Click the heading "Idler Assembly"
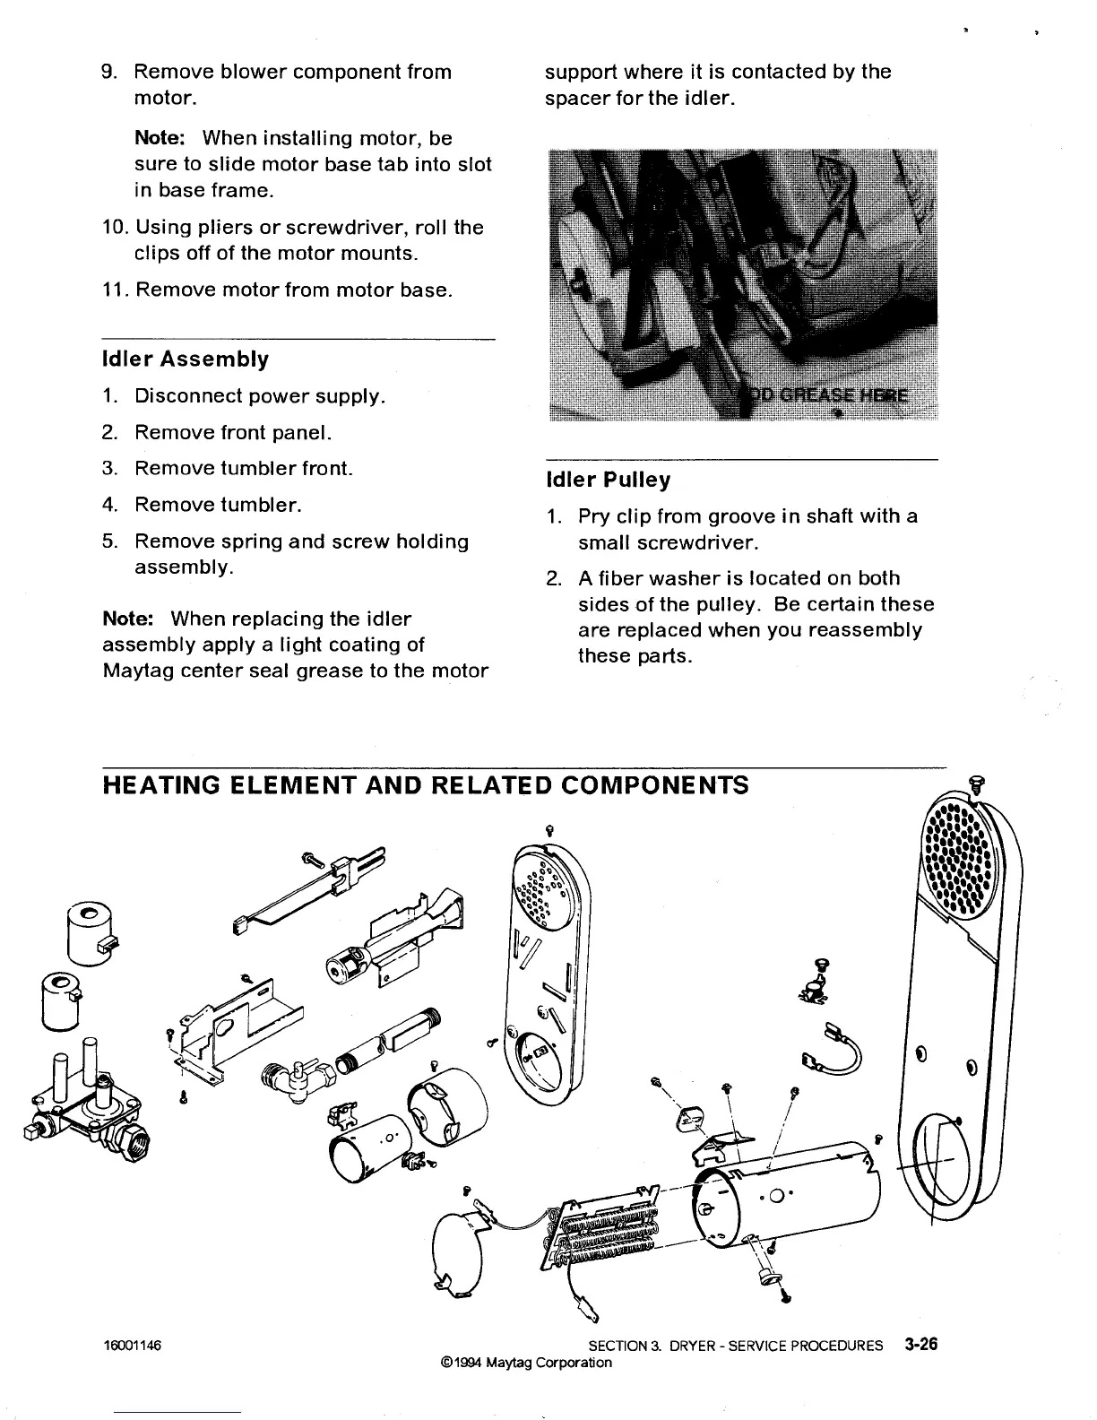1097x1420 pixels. pos(185,359)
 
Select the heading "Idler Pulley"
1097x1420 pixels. pos(608,480)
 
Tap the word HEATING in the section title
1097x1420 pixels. pos(156,786)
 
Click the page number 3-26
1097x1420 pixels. pos(920,1345)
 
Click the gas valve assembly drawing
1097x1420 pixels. pos(85,1107)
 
